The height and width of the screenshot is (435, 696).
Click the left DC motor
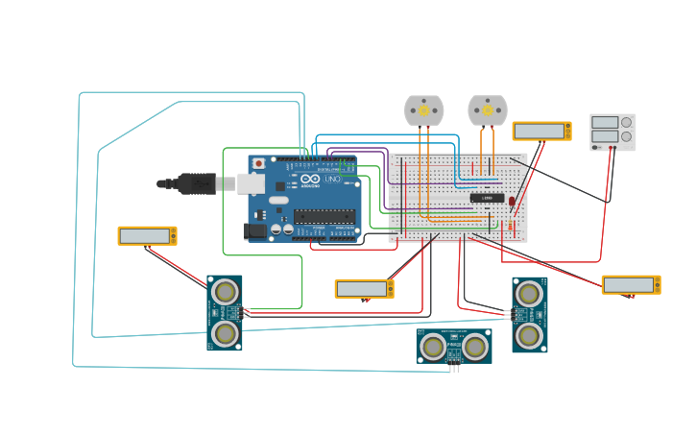coord(423,110)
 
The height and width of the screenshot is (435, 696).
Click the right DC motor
coord(487,110)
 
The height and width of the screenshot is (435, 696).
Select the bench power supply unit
coord(612,132)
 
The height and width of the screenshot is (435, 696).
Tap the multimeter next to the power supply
coord(541,131)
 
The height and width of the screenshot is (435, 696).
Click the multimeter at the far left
coord(147,235)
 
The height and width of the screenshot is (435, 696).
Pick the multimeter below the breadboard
coord(364,288)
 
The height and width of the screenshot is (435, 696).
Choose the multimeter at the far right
coord(631,284)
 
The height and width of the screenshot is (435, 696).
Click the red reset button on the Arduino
coord(258,164)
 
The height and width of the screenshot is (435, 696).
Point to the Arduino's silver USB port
coord(251,183)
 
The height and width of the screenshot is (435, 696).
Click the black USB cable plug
coord(197,183)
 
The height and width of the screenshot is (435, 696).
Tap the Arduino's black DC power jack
coord(256,230)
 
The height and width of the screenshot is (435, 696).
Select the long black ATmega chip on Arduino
coord(324,216)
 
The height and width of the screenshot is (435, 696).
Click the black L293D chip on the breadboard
coord(487,198)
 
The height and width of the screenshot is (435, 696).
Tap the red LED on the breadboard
coord(512,201)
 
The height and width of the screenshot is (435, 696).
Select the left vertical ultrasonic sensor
coord(225,313)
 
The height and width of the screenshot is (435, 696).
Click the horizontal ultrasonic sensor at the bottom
coord(454,345)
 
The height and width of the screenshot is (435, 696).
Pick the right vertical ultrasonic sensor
coord(529,315)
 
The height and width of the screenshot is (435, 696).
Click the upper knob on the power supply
coord(626,122)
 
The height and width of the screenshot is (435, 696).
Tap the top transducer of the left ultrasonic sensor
coord(225,291)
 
